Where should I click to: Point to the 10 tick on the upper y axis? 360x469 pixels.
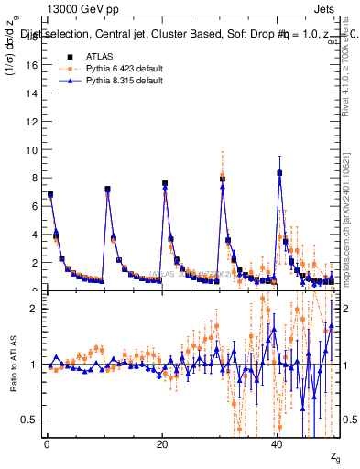pyautogui.click(x=33, y=150)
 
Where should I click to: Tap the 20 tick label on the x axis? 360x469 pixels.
pyautogui.click(x=161, y=445)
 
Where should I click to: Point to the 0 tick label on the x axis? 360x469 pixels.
pyautogui.click(x=46, y=445)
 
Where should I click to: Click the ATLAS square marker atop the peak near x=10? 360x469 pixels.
pyautogui.click(x=108, y=190)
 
